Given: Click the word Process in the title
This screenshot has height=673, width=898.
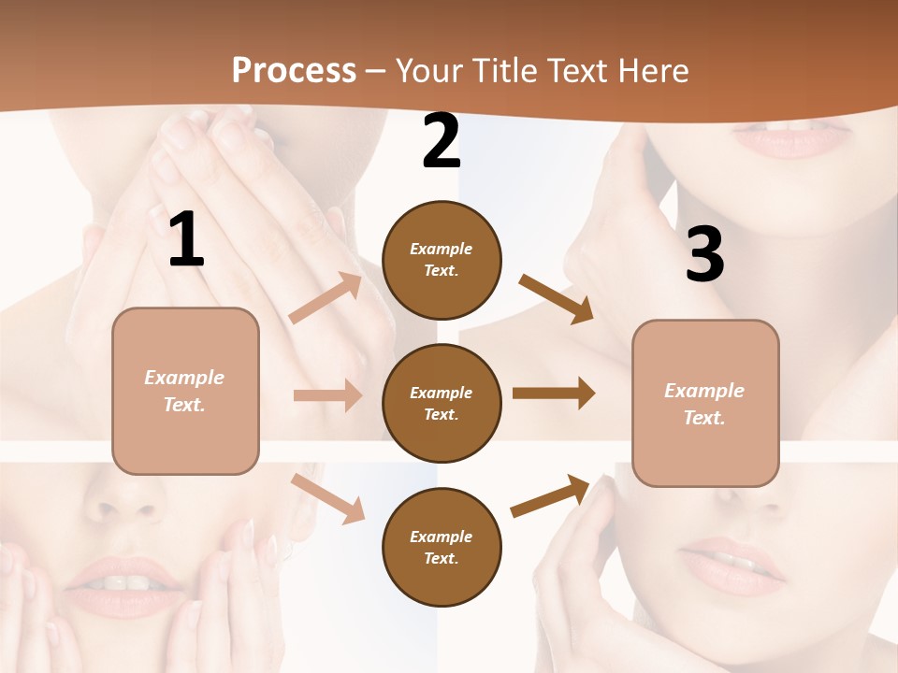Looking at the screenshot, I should click(294, 70).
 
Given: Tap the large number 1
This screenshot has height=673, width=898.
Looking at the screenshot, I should click(186, 240).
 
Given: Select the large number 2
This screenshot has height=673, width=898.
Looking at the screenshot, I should click(442, 141).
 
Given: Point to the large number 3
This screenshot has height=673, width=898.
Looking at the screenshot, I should click(704, 255).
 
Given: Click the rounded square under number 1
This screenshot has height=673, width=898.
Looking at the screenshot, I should click(185, 391).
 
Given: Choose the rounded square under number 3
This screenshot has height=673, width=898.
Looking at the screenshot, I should click(705, 403).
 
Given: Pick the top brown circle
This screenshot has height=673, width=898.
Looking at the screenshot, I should click(442, 259).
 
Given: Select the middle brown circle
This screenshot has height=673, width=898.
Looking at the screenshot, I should click(442, 403).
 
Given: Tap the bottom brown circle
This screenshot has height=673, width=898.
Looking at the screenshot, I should click(442, 547).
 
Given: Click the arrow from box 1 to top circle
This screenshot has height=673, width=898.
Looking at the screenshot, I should click(326, 298).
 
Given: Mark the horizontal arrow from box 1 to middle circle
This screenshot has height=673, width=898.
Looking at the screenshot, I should click(327, 395).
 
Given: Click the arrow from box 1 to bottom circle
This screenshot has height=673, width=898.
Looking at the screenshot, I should click(327, 497).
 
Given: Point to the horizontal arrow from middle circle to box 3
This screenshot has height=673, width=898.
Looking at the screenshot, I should click(553, 393).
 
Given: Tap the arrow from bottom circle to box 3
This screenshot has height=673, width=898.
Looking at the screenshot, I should click(550, 495).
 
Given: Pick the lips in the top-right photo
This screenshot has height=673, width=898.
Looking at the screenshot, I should click(792, 140).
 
